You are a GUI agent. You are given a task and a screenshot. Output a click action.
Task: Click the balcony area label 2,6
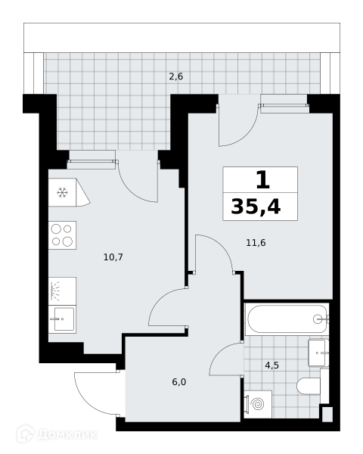coord(176,76)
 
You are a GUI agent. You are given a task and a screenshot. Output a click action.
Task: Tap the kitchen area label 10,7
coord(113,257)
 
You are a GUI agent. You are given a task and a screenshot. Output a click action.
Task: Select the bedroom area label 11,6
coord(256,243)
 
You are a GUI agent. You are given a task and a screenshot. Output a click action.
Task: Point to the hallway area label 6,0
coord(179,382)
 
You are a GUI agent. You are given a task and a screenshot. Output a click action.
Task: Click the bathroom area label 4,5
coord(271,365)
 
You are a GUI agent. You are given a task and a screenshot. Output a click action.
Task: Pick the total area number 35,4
coord(256,207)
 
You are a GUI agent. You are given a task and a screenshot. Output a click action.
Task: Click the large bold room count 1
coord(263,179)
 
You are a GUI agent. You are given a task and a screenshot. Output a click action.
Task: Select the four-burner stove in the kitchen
coord(62,235)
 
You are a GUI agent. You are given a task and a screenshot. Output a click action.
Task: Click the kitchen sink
coord(62,319)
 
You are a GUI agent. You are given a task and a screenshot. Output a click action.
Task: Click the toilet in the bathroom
coord(309,386)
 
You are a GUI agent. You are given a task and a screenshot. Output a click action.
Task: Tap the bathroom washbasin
coord(318,353)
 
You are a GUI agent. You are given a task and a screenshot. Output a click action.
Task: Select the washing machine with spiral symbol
coord(258,404)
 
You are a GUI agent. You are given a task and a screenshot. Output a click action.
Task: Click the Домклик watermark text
coord(67,434)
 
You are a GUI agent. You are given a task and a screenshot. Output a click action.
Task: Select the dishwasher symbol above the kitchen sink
coord(62,291)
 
